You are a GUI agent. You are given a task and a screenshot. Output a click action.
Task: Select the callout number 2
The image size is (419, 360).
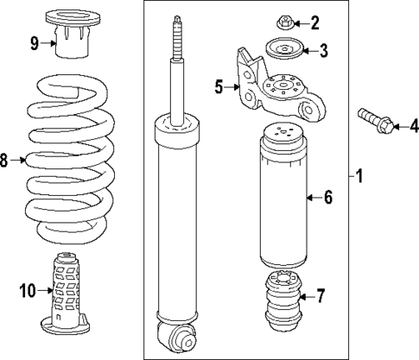tap(314, 22)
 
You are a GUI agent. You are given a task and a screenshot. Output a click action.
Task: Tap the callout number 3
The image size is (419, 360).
tap(323, 51)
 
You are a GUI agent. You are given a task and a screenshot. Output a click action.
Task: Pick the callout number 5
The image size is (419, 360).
tap(219, 85)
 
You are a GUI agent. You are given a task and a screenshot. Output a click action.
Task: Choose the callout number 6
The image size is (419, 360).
tap(327, 198)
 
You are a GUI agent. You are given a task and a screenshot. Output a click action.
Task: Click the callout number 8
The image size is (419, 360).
tap(5, 160)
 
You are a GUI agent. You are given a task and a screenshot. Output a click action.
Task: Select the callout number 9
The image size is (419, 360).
tap(35, 43)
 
